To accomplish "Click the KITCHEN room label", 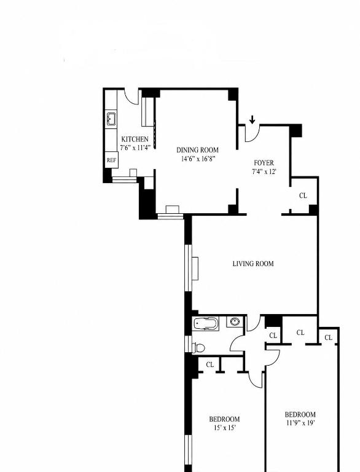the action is click(x=135, y=140).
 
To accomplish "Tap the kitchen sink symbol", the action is click(x=111, y=119).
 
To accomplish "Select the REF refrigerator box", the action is click(x=111, y=160).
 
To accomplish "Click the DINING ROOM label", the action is click(x=197, y=150).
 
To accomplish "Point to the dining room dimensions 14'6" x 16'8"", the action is click(x=198, y=159).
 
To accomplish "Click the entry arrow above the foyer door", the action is click(x=252, y=120).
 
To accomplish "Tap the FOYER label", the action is click(x=264, y=163).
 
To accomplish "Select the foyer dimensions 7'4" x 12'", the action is click(x=264, y=172).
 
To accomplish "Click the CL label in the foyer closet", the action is click(x=303, y=195).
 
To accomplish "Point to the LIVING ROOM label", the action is click(x=253, y=264).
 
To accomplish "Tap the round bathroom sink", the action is click(x=235, y=322).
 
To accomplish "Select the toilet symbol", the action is click(x=199, y=347).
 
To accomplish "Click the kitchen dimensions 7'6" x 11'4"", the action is click(x=135, y=147).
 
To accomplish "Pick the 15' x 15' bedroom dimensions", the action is click(x=225, y=428).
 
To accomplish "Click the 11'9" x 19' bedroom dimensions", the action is click(x=300, y=423).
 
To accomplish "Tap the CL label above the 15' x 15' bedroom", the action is click(x=210, y=364).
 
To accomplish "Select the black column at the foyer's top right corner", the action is click(x=295, y=131).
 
